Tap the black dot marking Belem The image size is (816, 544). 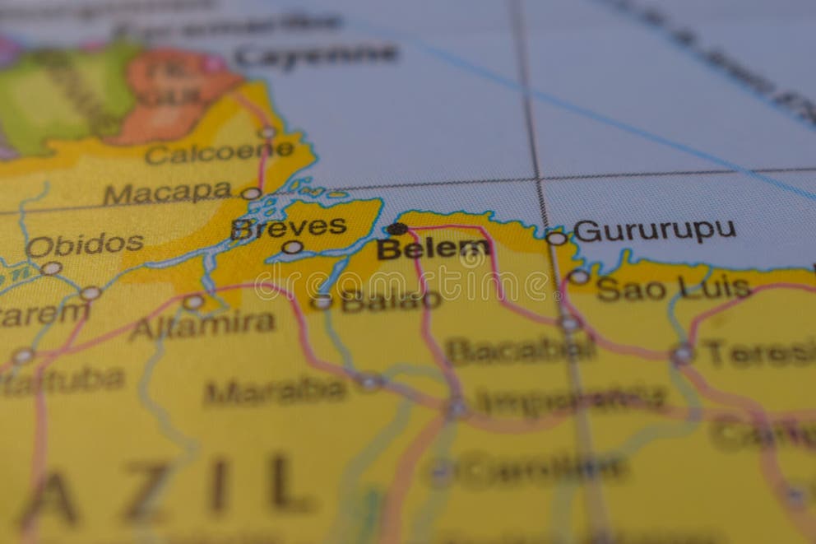(397, 229)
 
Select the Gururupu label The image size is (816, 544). (655, 230)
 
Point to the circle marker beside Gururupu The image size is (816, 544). (557, 238)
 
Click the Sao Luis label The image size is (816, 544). (674, 288)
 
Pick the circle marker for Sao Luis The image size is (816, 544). (579, 277)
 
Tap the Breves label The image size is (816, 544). (289, 227)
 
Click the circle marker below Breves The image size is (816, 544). (293, 247)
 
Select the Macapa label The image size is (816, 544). (167, 193)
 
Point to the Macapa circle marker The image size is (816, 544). (251, 193)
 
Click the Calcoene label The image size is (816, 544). (219, 152)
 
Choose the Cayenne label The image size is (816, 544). (316, 56)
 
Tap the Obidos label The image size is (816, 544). (85, 244)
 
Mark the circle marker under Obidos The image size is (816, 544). (51, 268)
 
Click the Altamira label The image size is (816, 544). (202, 325)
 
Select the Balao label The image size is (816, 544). (391, 301)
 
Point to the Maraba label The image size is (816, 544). (275, 390)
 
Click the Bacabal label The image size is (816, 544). (521, 350)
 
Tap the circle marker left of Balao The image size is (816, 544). (322, 302)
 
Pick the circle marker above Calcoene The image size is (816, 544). (267, 133)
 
